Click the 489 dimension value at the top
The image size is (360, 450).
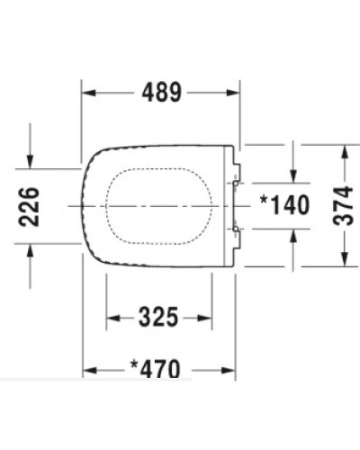pos(162,91)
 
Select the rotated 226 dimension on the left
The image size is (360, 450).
pos(30,206)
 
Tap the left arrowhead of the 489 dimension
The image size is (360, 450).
pos(88,91)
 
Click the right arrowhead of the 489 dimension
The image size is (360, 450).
pos(235,91)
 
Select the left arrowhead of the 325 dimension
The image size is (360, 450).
pos(112,318)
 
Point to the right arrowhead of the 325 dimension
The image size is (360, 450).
pos(211,318)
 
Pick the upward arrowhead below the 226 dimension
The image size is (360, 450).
pos(31,253)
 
